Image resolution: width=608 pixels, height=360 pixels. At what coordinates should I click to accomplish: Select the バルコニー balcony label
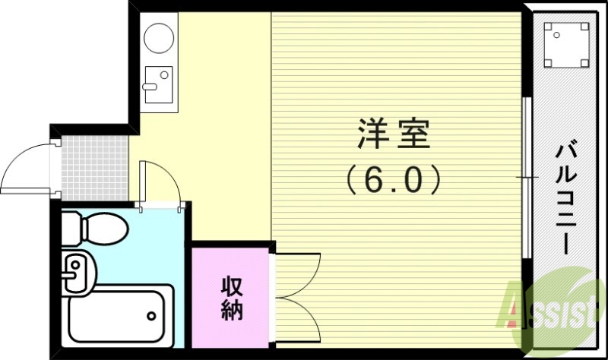pos(566,197)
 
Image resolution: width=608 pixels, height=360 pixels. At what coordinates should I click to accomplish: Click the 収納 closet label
pos(232,298)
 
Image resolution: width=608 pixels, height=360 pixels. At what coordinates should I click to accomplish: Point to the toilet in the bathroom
pos(95,226)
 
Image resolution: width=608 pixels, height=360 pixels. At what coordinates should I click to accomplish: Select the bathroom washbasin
pos(75,272)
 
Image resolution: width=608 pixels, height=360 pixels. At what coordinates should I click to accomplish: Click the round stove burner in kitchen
pos(160,37)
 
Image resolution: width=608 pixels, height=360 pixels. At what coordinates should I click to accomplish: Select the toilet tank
pos(69,226)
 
